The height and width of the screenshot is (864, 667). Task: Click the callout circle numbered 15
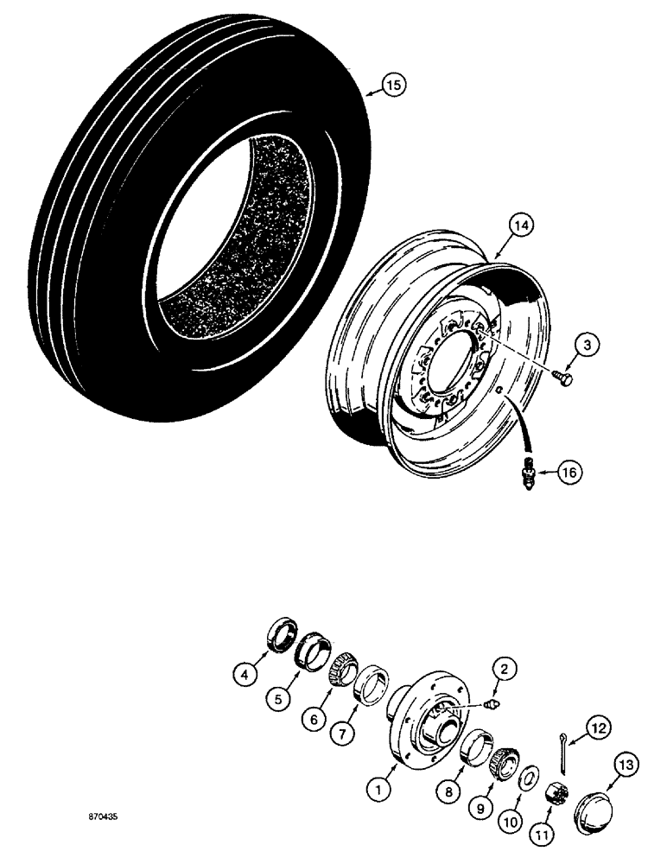[x=393, y=86]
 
